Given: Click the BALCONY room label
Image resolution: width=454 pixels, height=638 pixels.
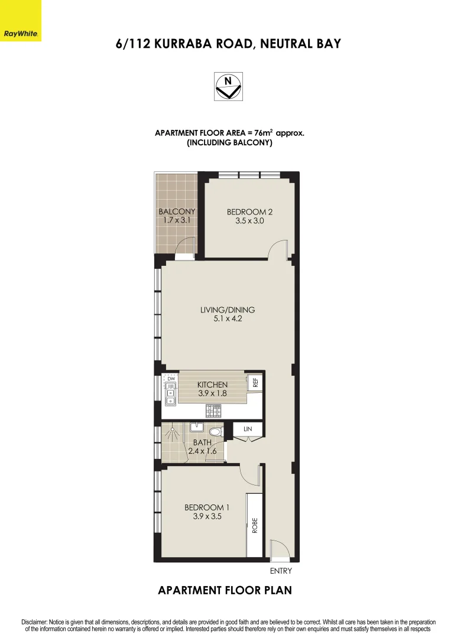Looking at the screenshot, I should tap(177, 211).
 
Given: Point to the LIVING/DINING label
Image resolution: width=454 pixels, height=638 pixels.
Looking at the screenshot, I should tap(228, 310).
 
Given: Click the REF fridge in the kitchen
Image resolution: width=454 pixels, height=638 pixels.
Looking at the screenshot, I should tap(255, 382).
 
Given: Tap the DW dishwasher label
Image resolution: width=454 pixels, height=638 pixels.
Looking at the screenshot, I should tap(171, 378).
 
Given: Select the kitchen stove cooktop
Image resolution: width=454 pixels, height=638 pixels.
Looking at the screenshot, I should tap(213, 409).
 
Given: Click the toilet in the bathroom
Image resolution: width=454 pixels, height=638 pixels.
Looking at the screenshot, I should tap(216, 432).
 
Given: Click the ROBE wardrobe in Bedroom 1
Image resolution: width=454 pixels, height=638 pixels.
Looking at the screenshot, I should tap(255, 525).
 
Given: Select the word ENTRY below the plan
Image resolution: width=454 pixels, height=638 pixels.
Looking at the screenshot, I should tap(281, 571).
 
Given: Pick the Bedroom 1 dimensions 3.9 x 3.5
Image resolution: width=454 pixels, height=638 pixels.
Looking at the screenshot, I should tap(207, 516).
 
